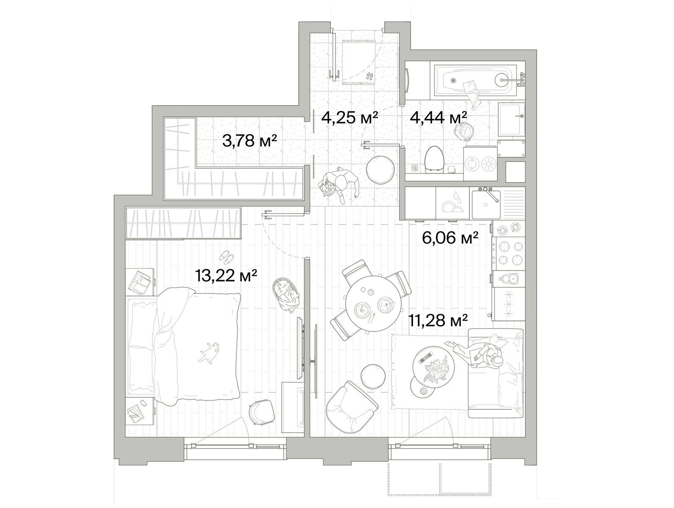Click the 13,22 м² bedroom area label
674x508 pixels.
[226, 276]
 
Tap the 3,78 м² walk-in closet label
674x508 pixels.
[250, 141]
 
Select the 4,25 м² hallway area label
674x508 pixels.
[349, 117]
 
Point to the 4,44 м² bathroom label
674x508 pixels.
[439, 117]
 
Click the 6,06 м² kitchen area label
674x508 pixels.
[451, 237]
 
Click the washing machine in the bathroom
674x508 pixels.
[480, 163]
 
